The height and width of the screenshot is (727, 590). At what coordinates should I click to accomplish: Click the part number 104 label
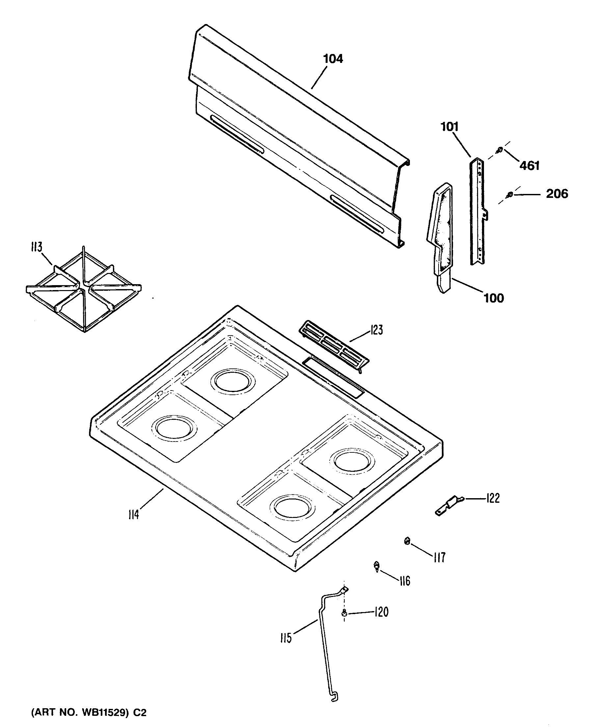[333, 59]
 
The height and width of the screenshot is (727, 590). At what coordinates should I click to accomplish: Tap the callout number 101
[449, 127]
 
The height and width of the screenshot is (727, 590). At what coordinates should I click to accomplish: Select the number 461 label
[529, 166]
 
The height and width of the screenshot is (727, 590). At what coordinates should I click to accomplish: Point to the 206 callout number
[557, 194]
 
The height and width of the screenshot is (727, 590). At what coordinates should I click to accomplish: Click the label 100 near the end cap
[494, 298]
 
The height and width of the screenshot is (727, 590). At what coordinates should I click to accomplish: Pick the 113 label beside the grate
[36, 247]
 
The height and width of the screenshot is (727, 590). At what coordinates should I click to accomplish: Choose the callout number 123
[376, 330]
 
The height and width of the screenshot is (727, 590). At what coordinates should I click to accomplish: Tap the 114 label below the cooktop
[134, 515]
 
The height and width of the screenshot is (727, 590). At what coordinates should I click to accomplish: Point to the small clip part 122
[449, 506]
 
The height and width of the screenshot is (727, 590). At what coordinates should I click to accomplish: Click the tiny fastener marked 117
[407, 541]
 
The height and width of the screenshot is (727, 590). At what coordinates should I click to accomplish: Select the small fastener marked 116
[377, 566]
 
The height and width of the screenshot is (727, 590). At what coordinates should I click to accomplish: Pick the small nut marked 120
[344, 613]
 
